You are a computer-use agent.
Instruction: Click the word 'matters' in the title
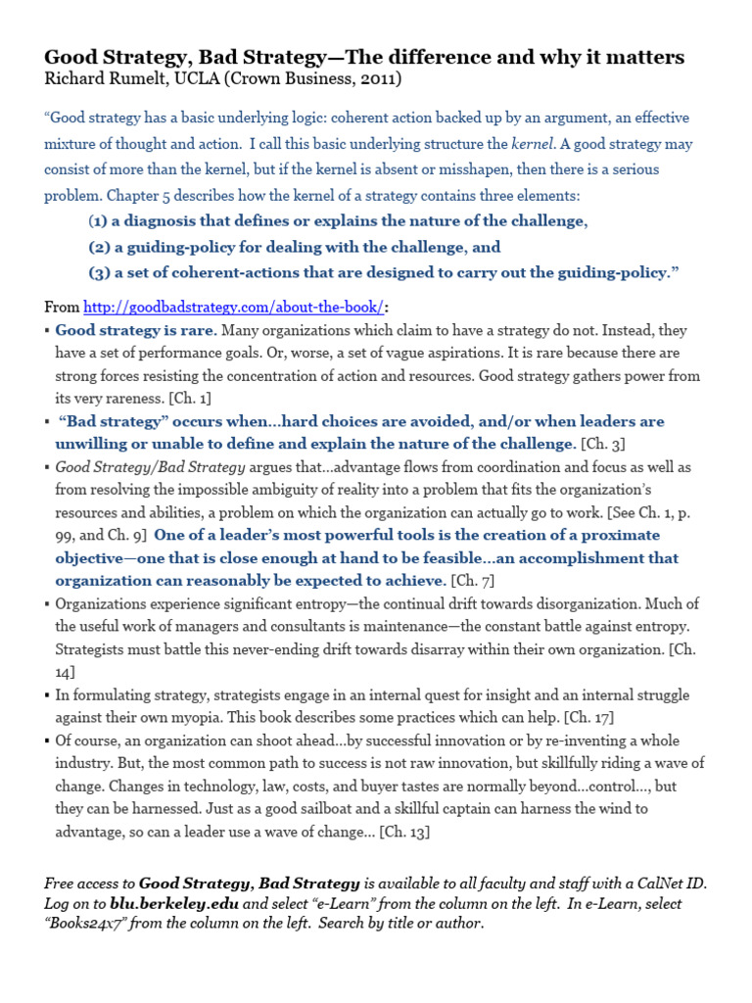coord(640,57)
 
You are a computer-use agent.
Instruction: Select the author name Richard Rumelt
coord(104,78)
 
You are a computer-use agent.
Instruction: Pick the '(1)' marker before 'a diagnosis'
coord(98,220)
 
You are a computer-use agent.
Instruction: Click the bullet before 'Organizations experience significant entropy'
coord(48,604)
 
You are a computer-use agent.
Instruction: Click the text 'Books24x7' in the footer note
coord(87,924)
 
